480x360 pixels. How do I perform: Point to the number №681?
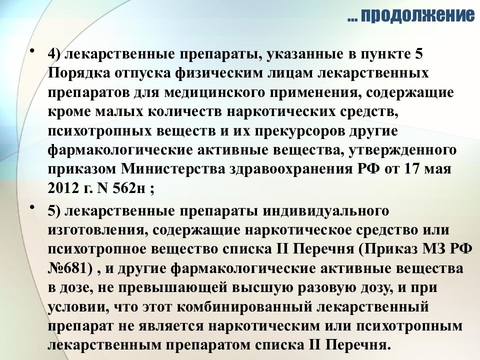70,270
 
